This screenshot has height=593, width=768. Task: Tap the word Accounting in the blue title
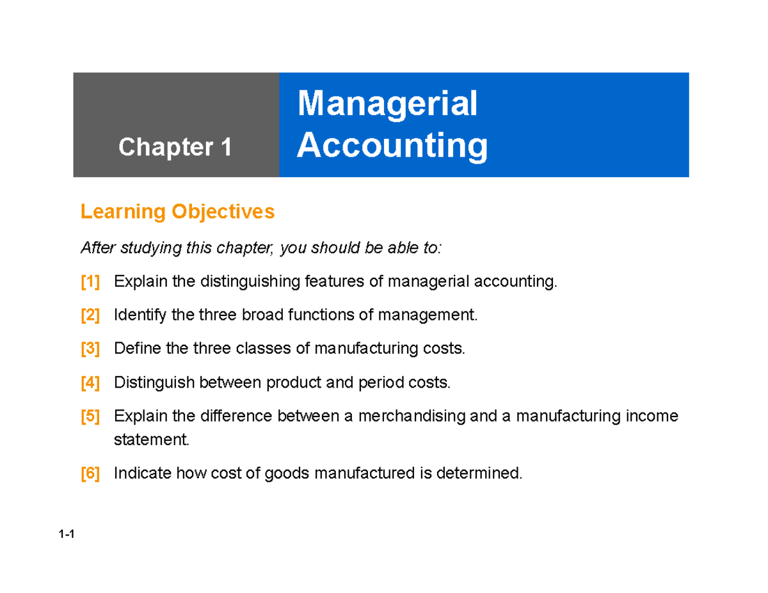(x=392, y=146)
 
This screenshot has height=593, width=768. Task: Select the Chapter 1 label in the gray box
(x=175, y=148)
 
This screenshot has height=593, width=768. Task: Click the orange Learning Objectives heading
(x=177, y=212)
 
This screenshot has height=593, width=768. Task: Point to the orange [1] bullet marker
(x=90, y=281)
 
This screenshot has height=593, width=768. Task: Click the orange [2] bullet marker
(x=90, y=315)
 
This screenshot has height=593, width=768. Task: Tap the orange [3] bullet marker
(x=90, y=349)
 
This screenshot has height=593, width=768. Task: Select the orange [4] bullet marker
(x=90, y=383)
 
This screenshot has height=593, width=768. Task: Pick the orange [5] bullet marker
(x=90, y=417)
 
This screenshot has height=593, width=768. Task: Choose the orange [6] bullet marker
(x=90, y=474)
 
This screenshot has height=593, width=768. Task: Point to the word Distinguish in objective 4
(x=154, y=383)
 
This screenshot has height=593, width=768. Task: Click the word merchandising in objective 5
(x=412, y=417)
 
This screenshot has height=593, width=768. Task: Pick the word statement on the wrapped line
(x=152, y=440)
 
